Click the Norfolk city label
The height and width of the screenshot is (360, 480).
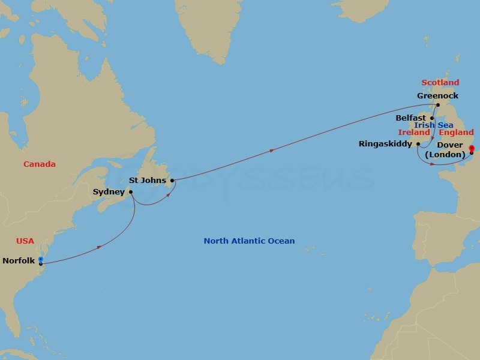point(19,260)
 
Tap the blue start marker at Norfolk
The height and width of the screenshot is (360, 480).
point(40,259)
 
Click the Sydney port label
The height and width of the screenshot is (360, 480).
point(109,192)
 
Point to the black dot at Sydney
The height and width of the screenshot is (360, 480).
point(131,192)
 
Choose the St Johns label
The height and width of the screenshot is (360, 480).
point(148,179)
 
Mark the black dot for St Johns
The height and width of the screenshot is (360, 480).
point(172,180)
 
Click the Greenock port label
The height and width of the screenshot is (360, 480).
point(437,95)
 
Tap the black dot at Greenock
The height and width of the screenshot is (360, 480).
point(438,105)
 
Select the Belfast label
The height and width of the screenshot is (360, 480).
point(410,118)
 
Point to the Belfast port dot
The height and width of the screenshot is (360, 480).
point(431,118)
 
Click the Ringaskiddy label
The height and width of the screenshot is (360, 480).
point(385,144)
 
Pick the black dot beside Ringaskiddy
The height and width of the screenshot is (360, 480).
point(418,144)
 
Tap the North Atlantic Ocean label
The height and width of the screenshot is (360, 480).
point(249,241)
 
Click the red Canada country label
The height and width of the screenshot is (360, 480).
point(40,164)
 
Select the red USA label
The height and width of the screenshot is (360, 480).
point(25,241)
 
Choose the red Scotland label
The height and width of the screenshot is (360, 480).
point(440,83)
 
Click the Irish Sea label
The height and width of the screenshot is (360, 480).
point(433,125)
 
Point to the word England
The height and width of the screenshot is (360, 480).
point(456,132)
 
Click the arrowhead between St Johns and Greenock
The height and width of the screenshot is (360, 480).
point(273,150)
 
